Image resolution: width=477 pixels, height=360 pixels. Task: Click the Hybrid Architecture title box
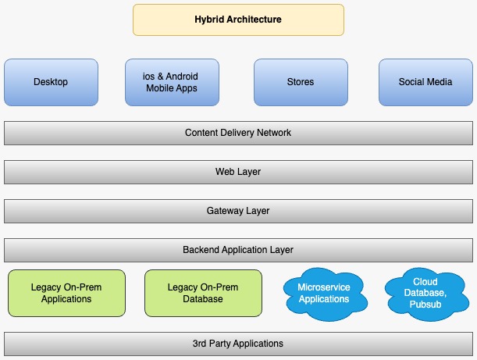pos(238,20)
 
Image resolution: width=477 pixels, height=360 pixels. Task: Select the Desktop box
pos(51,82)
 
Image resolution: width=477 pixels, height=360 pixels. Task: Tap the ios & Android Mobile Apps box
pos(171,82)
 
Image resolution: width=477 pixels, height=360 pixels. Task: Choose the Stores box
pos(300,82)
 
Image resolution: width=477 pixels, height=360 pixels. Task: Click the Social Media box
pos(425,82)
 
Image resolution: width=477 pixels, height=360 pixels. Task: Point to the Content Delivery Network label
pos(238,133)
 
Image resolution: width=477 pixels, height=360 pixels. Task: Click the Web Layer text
pos(238,172)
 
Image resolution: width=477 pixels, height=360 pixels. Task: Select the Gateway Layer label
pos(238,211)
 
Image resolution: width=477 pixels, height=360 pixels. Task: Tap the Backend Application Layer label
pos(238,250)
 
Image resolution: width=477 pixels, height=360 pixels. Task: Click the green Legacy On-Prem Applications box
pos(66,293)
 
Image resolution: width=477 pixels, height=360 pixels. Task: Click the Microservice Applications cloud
pos(323,294)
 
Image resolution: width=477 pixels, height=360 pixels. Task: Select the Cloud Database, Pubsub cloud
pos(425,294)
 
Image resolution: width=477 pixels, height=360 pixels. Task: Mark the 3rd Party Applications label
pos(238,344)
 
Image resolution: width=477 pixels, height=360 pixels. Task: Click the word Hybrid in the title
pos(209,20)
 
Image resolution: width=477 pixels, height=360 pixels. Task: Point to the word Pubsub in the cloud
pos(426,304)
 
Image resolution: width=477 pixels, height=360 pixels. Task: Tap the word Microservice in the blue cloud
pos(323,287)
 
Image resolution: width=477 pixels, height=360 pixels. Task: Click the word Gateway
pos(224,211)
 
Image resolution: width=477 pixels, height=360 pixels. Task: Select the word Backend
pos(201,250)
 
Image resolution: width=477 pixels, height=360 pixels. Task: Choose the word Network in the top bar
pos(272,133)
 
